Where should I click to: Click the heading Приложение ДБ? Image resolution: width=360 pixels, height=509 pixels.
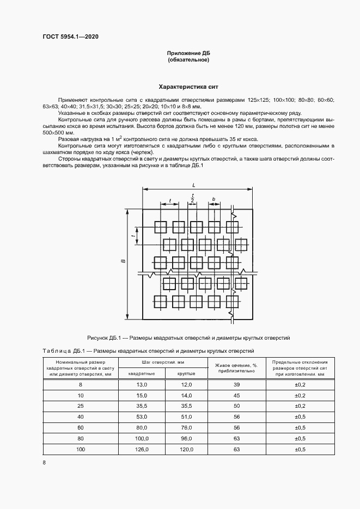tap(188, 53)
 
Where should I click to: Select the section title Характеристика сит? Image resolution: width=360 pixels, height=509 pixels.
tap(188, 87)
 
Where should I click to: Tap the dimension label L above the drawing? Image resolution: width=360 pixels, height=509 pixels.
tap(194, 186)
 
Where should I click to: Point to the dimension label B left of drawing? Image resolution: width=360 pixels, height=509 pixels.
tap(124, 262)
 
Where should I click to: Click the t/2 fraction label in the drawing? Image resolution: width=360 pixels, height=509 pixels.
tap(192, 199)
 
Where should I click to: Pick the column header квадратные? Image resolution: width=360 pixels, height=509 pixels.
tap(142, 373)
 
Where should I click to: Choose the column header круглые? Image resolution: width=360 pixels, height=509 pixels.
tap(187, 373)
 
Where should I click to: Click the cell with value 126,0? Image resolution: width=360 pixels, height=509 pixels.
tap(142, 449)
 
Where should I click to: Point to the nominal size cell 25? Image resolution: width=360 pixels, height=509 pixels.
tap(81, 406)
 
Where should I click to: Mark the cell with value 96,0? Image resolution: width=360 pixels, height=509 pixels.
tap(187, 438)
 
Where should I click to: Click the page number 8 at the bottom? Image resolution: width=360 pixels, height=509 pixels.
tap(44, 463)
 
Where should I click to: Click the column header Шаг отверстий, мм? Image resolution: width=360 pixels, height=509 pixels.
tap(164, 362)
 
